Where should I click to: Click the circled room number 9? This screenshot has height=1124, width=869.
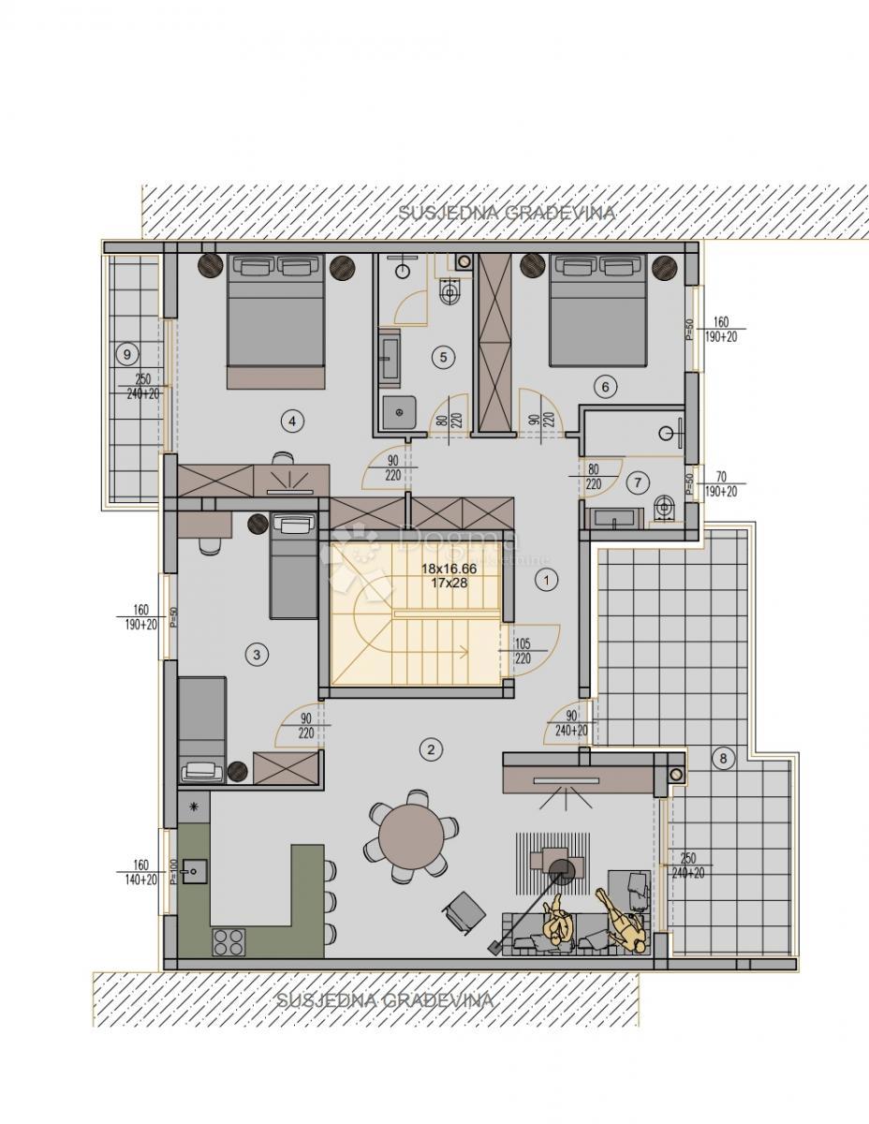pos(126,354)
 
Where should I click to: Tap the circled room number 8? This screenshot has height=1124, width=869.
pos(722,759)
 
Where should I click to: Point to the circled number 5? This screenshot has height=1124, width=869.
pos(444,356)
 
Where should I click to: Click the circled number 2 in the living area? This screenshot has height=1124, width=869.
pos(430,748)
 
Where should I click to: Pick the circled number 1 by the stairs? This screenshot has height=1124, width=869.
pos(545,579)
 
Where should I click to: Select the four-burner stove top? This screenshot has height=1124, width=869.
pos(228,939)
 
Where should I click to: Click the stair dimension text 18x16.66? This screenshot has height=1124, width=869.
pos(449,569)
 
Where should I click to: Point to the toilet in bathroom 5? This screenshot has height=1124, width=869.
pos(449,293)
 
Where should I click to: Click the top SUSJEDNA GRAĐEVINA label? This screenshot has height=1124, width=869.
pos(507,213)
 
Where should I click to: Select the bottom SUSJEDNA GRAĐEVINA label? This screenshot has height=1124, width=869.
pos(385,1000)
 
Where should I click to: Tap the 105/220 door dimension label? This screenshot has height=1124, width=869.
pos(523,650)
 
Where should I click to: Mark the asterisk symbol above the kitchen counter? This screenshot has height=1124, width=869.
pos(195,806)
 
